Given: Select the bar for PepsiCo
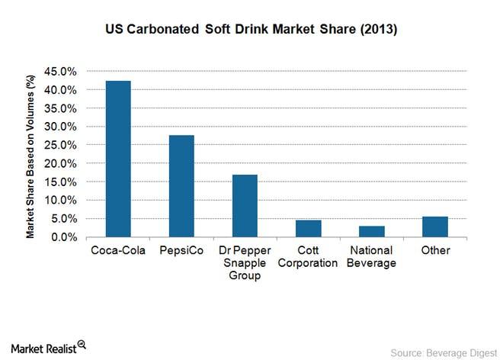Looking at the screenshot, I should click(181, 186).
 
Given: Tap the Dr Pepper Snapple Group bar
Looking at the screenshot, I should click(245, 206).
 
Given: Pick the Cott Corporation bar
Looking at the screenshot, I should click(308, 229).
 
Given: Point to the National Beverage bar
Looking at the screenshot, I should click(372, 231).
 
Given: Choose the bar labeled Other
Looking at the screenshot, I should click(434, 227).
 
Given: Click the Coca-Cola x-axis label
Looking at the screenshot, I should click(118, 251).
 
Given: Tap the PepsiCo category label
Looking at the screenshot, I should click(181, 251).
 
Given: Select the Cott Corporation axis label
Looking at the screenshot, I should click(308, 257).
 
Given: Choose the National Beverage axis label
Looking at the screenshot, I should click(372, 257).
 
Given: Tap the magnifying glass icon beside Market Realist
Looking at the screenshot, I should click(82, 344).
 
